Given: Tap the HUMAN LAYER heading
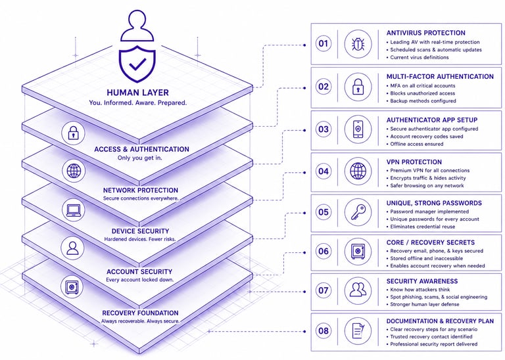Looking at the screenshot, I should click(137, 93).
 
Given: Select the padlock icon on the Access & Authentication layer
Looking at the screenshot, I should click(74, 131).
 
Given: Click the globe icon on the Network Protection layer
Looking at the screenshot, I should click(74, 171).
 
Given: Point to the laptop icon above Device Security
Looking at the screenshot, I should click(74, 210).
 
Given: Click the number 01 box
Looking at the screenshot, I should click(323, 44).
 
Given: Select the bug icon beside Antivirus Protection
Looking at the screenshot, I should click(358, 44).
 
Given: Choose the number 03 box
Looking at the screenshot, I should click(323, 129).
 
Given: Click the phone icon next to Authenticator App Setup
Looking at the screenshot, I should click(358, 129).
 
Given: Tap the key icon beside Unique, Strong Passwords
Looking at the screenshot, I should click(358, 212).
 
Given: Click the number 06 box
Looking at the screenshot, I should click(323, 251).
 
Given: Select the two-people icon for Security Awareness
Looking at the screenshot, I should click(358, 290).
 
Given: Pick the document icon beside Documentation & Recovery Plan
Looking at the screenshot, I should click(358, 330).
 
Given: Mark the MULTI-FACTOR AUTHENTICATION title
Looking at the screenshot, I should click(440, 76).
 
